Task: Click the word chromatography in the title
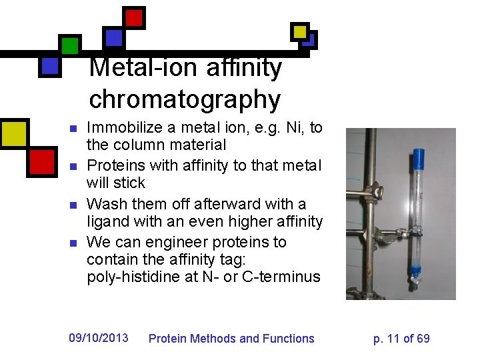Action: click(x=185, y=100)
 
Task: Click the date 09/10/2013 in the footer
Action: click(x=99, y=338)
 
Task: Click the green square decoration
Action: click(x=69, y=46)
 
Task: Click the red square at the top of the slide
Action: click(x=134, y=17)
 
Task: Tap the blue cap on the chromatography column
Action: click(x=419, y=159)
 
